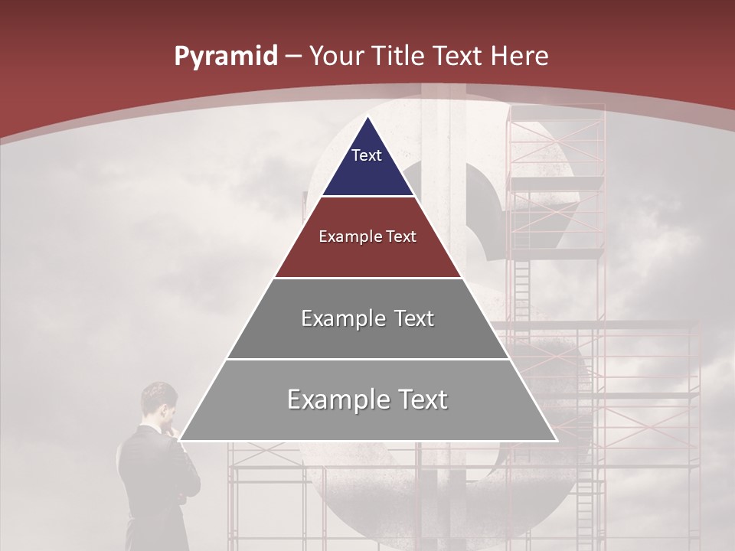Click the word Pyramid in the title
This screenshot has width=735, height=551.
click(x=226, y=57)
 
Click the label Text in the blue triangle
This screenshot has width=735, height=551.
click(x=367, y=155)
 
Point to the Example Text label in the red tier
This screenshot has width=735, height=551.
click(x=367, y=236)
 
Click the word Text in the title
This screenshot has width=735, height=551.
click(x=459, y=57)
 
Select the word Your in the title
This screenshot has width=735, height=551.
click(x=336, y=57)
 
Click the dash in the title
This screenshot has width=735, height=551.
click(x=293, y=57)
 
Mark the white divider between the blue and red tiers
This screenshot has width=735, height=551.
click(x=367, y=197)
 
